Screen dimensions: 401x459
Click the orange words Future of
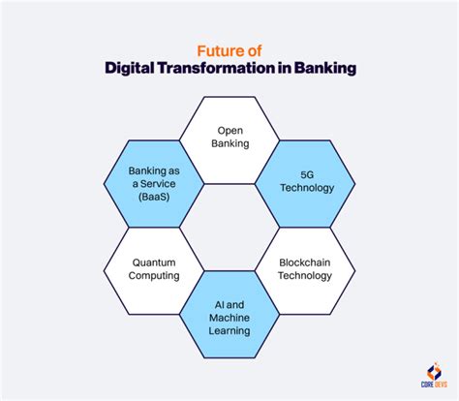(229, 48)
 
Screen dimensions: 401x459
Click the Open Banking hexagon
(229, 137)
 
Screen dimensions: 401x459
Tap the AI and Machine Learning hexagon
(229, 317)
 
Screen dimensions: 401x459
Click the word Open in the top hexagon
(229, 130)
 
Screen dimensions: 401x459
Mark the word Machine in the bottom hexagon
(229, 317)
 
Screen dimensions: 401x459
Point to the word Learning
(229, 330)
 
